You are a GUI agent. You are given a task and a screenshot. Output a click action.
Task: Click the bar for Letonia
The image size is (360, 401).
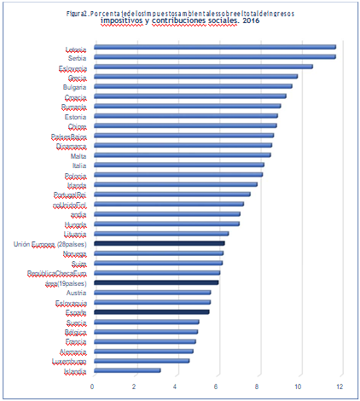213,47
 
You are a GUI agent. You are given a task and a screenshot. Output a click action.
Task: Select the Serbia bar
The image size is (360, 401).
213,57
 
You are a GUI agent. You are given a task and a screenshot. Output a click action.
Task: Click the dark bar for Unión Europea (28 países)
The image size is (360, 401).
159,243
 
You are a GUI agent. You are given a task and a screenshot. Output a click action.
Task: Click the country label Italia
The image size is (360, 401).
76,165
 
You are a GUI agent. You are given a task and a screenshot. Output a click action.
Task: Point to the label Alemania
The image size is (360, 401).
72,351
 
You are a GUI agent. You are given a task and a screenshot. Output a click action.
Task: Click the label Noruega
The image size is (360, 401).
73,253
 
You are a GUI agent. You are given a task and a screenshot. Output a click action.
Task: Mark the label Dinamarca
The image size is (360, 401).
69,145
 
